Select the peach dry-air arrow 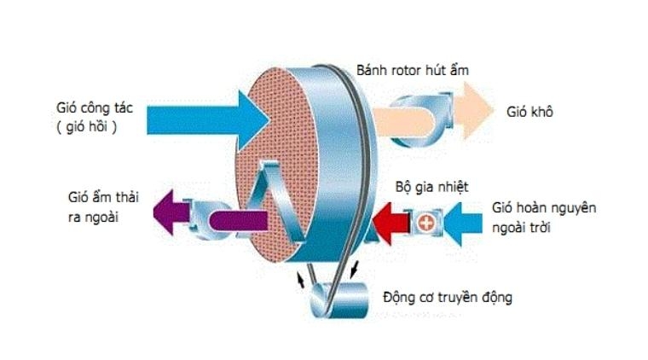(x=465, y=109)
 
